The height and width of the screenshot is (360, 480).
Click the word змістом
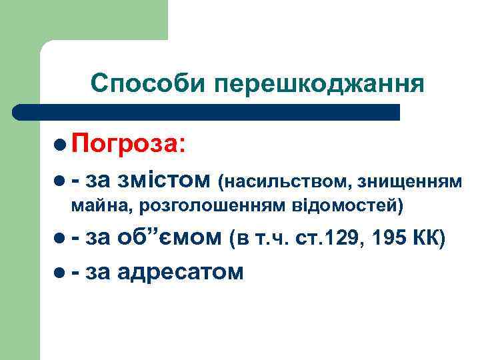(163, 179)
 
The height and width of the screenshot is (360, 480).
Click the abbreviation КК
(429, 239)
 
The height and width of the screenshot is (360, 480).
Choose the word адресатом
(180, 271)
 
